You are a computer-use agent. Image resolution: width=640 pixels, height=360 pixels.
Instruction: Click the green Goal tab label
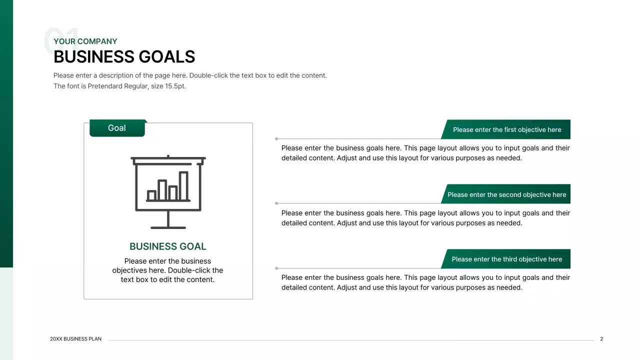pyautogui.click(x=117, y=128)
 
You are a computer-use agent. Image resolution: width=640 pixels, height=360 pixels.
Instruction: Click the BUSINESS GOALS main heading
pyautogui.click(x=124, y=57)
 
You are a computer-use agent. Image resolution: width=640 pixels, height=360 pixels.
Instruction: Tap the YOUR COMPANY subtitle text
pyautogui.click(x=85, y=41)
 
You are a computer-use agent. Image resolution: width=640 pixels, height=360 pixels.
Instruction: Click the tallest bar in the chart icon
pyautogui.click(x=183, y=186)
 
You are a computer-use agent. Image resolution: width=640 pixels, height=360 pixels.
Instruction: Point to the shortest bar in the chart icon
pyautogui.click(x=151, y=195)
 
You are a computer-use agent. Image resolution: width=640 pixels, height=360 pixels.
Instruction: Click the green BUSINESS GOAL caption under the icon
pyautogui.click(x=167, y=246)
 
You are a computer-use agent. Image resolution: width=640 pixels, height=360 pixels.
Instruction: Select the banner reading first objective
pyautogui.click(x=506, y=129)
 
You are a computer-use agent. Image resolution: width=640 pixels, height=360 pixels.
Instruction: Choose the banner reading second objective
pyautogui.click(x=506, y=194)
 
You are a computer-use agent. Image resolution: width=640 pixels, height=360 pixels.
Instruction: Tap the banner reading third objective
pyautogui.click(x=506, y=259)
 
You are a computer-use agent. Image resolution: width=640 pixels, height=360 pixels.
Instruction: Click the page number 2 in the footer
pyautogui.click(x=601, y=339)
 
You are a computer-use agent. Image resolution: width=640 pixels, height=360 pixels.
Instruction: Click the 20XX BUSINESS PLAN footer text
pyautogui.click(x=75, y=339)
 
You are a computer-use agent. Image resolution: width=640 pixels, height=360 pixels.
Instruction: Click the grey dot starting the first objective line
pyautogui.click(x=276, y=138)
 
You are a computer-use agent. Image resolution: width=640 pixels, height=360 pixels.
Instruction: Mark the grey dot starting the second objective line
pyautogui.click(x=276, y=203)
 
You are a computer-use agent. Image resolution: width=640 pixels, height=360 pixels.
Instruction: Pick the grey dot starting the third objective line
pyautogui.click(x=276, y=268)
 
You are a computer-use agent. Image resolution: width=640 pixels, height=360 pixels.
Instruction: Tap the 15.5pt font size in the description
pyautogui.click(x=175, y=86)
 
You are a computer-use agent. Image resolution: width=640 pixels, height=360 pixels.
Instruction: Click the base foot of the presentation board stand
pyautogui.click(x=168, y=227)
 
